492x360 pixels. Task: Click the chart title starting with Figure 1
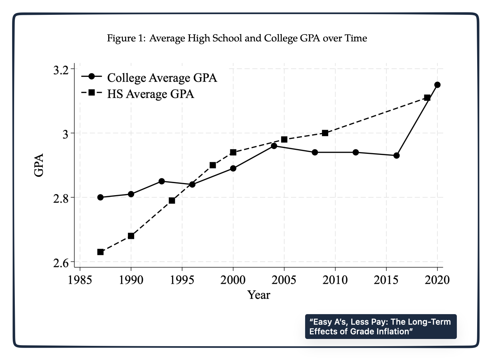237,38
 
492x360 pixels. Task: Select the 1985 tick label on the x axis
80,280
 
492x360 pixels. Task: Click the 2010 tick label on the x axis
335,280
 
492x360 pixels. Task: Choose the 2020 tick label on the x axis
437,280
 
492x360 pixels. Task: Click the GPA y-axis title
39,165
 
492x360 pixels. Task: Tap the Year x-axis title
259,295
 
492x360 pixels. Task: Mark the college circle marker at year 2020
438,85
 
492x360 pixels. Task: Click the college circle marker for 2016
396,156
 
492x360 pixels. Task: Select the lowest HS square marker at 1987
100,252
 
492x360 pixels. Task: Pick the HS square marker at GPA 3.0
325,133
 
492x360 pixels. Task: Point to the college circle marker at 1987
100,197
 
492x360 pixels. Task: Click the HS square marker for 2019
427,98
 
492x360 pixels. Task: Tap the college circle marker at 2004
274,146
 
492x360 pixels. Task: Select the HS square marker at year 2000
233,152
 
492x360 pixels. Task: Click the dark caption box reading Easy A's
381,327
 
